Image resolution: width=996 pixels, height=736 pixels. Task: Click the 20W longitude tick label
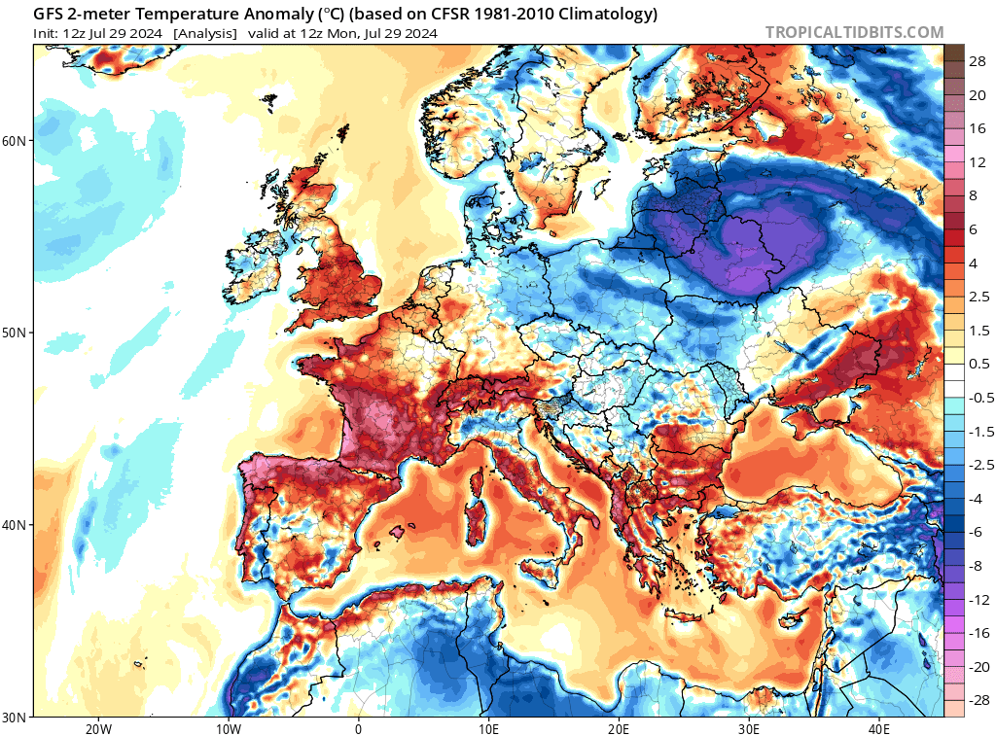coord(98,728)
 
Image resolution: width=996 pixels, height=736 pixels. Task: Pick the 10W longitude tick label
coord(228,728)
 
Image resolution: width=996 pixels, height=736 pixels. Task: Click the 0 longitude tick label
coord(358,728)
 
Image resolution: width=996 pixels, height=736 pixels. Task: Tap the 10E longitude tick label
coord(488,728)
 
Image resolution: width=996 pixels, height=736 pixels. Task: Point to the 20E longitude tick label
coord(619,728)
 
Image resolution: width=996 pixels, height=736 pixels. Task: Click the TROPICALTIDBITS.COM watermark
coord(854,32)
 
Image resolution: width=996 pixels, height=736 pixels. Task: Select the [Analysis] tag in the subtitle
coord(205,33)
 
